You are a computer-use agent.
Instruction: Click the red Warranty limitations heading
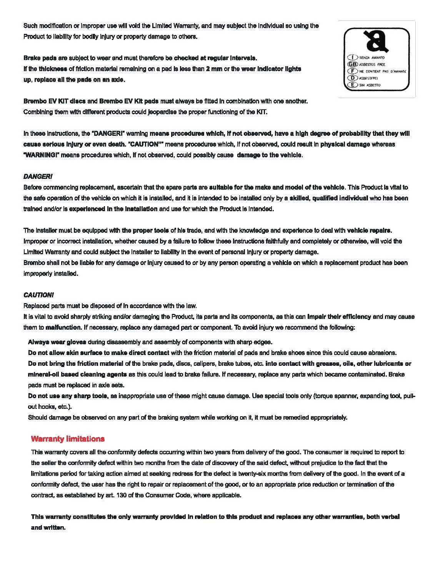tap(68, 439)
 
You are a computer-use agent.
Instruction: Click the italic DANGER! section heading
tap(38, 177)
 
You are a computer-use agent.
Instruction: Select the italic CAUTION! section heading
tap(38, 295)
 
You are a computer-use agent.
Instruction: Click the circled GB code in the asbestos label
tap(352, 64)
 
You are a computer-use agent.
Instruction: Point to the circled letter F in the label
tap(351, 71)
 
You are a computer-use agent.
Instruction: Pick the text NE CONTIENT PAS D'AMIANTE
tap(382, 71)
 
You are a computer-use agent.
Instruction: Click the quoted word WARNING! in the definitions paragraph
tap(40, 155)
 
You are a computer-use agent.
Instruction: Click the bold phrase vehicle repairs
tap(369, 230)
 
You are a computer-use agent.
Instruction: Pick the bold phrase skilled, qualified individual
tap(329, 198)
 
